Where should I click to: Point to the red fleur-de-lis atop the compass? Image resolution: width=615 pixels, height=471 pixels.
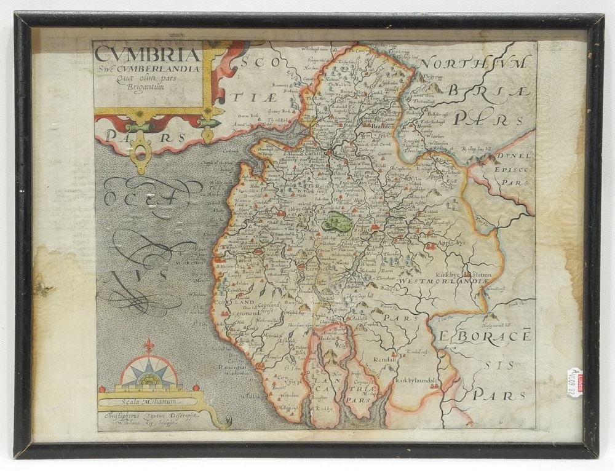(149, 346)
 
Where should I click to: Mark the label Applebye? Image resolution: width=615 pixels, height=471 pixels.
(450, 242)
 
